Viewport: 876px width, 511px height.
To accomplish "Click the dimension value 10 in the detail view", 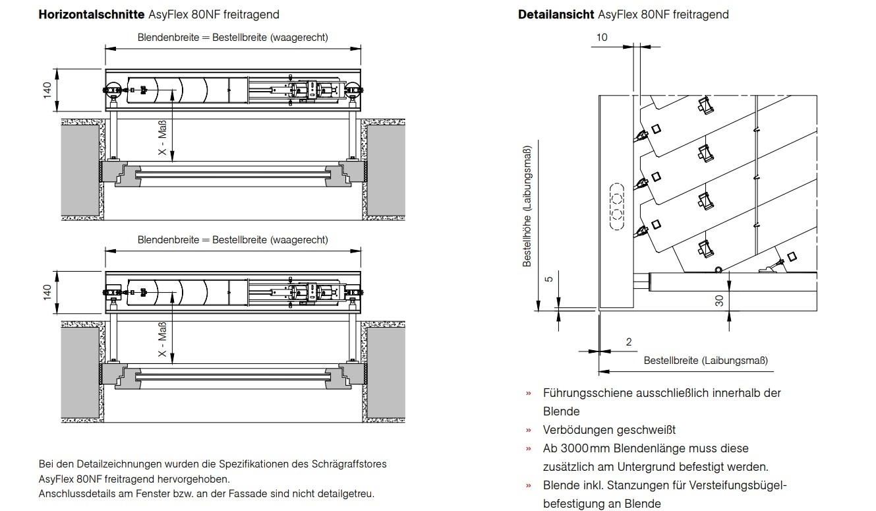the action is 602,38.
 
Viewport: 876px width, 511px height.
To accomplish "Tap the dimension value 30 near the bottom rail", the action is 719,301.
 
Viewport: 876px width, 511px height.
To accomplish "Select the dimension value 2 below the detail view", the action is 629,342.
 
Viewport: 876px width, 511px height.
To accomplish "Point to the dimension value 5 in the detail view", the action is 549,279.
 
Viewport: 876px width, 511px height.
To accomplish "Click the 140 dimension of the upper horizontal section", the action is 47,90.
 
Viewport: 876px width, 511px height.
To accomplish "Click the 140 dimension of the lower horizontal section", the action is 47,292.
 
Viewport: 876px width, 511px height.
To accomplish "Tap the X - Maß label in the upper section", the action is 162,137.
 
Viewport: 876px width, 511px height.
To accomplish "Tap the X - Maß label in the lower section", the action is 162,339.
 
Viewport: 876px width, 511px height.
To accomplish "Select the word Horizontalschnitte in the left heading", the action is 92,15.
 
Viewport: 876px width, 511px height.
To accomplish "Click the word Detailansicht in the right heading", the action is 556,15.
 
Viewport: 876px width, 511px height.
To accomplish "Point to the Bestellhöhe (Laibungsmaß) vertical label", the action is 527,206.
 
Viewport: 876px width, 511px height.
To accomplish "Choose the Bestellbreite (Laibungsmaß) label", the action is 706,361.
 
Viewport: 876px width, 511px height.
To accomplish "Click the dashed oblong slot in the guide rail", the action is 617,206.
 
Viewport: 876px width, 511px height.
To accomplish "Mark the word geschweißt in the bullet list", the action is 643,430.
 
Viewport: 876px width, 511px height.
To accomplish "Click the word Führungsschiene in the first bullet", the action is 588,393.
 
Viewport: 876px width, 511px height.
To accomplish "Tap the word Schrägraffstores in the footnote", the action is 349,464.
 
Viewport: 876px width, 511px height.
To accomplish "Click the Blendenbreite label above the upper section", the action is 168,38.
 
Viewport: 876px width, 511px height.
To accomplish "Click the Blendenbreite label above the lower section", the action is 168,240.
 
